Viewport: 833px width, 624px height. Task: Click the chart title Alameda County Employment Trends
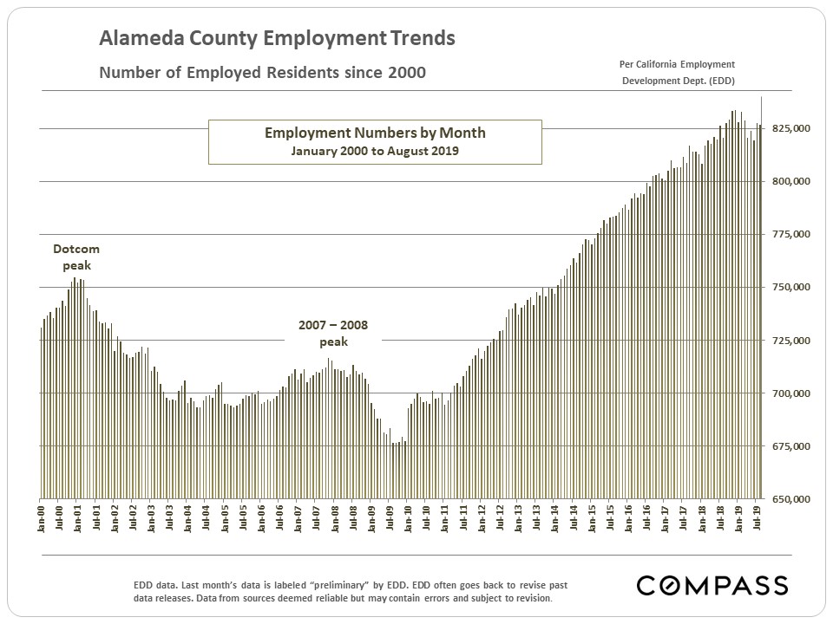(x=277, y=39)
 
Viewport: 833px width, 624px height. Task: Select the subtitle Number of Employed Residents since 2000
(x=262, y=73)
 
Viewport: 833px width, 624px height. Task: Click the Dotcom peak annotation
(x=76, y=257)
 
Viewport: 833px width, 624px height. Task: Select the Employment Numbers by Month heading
(x=375, y=133)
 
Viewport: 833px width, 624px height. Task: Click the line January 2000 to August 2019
(x=375, y=150)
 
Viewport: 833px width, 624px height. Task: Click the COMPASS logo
(x=712, y=585)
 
